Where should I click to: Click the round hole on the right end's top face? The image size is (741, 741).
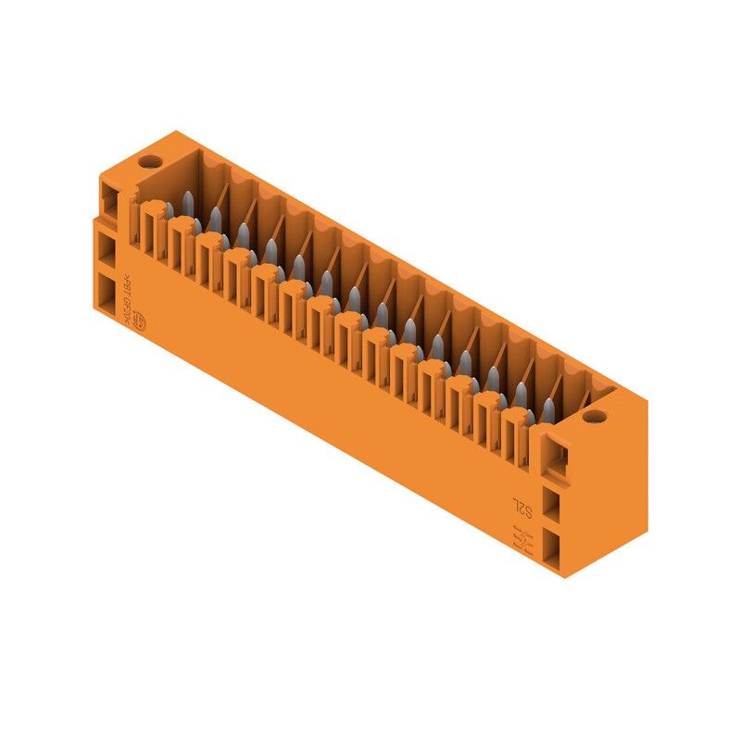click(x=597, y=419)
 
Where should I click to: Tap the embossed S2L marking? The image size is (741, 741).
click(x=523, y=508)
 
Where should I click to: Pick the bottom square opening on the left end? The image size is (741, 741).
click(x=109, y=299)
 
